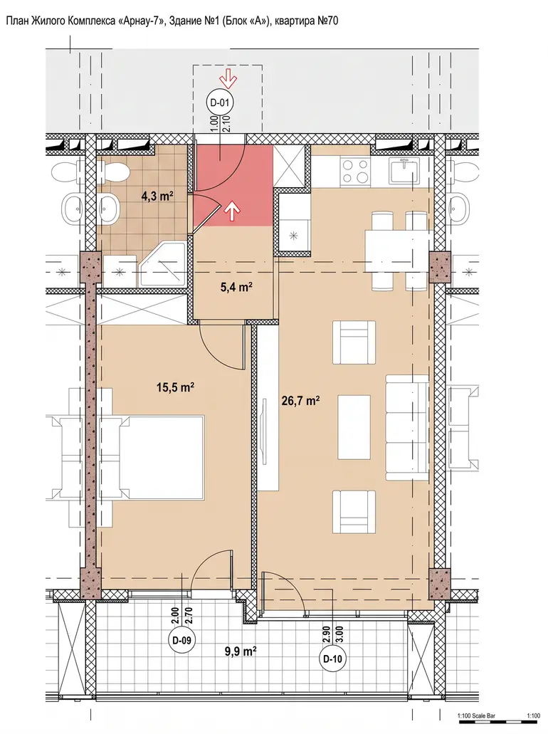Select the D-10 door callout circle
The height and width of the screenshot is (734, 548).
coord(333,659)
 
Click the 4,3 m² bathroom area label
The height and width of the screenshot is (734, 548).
coord(158,196)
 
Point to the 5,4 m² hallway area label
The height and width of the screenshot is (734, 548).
coord(237,287)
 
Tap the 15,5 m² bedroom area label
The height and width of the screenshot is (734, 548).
coord(176,387)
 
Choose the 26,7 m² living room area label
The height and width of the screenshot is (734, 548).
coord(301,401)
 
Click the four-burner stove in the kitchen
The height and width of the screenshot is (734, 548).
coord(356,172)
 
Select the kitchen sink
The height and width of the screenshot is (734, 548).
coord(404,172)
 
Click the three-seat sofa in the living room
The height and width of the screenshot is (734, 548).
coord(406,427)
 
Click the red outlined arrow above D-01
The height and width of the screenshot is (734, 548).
coord(230,78)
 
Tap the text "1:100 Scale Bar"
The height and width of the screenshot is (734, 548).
coord(476,715)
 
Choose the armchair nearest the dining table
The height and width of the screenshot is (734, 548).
coord(354,342)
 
